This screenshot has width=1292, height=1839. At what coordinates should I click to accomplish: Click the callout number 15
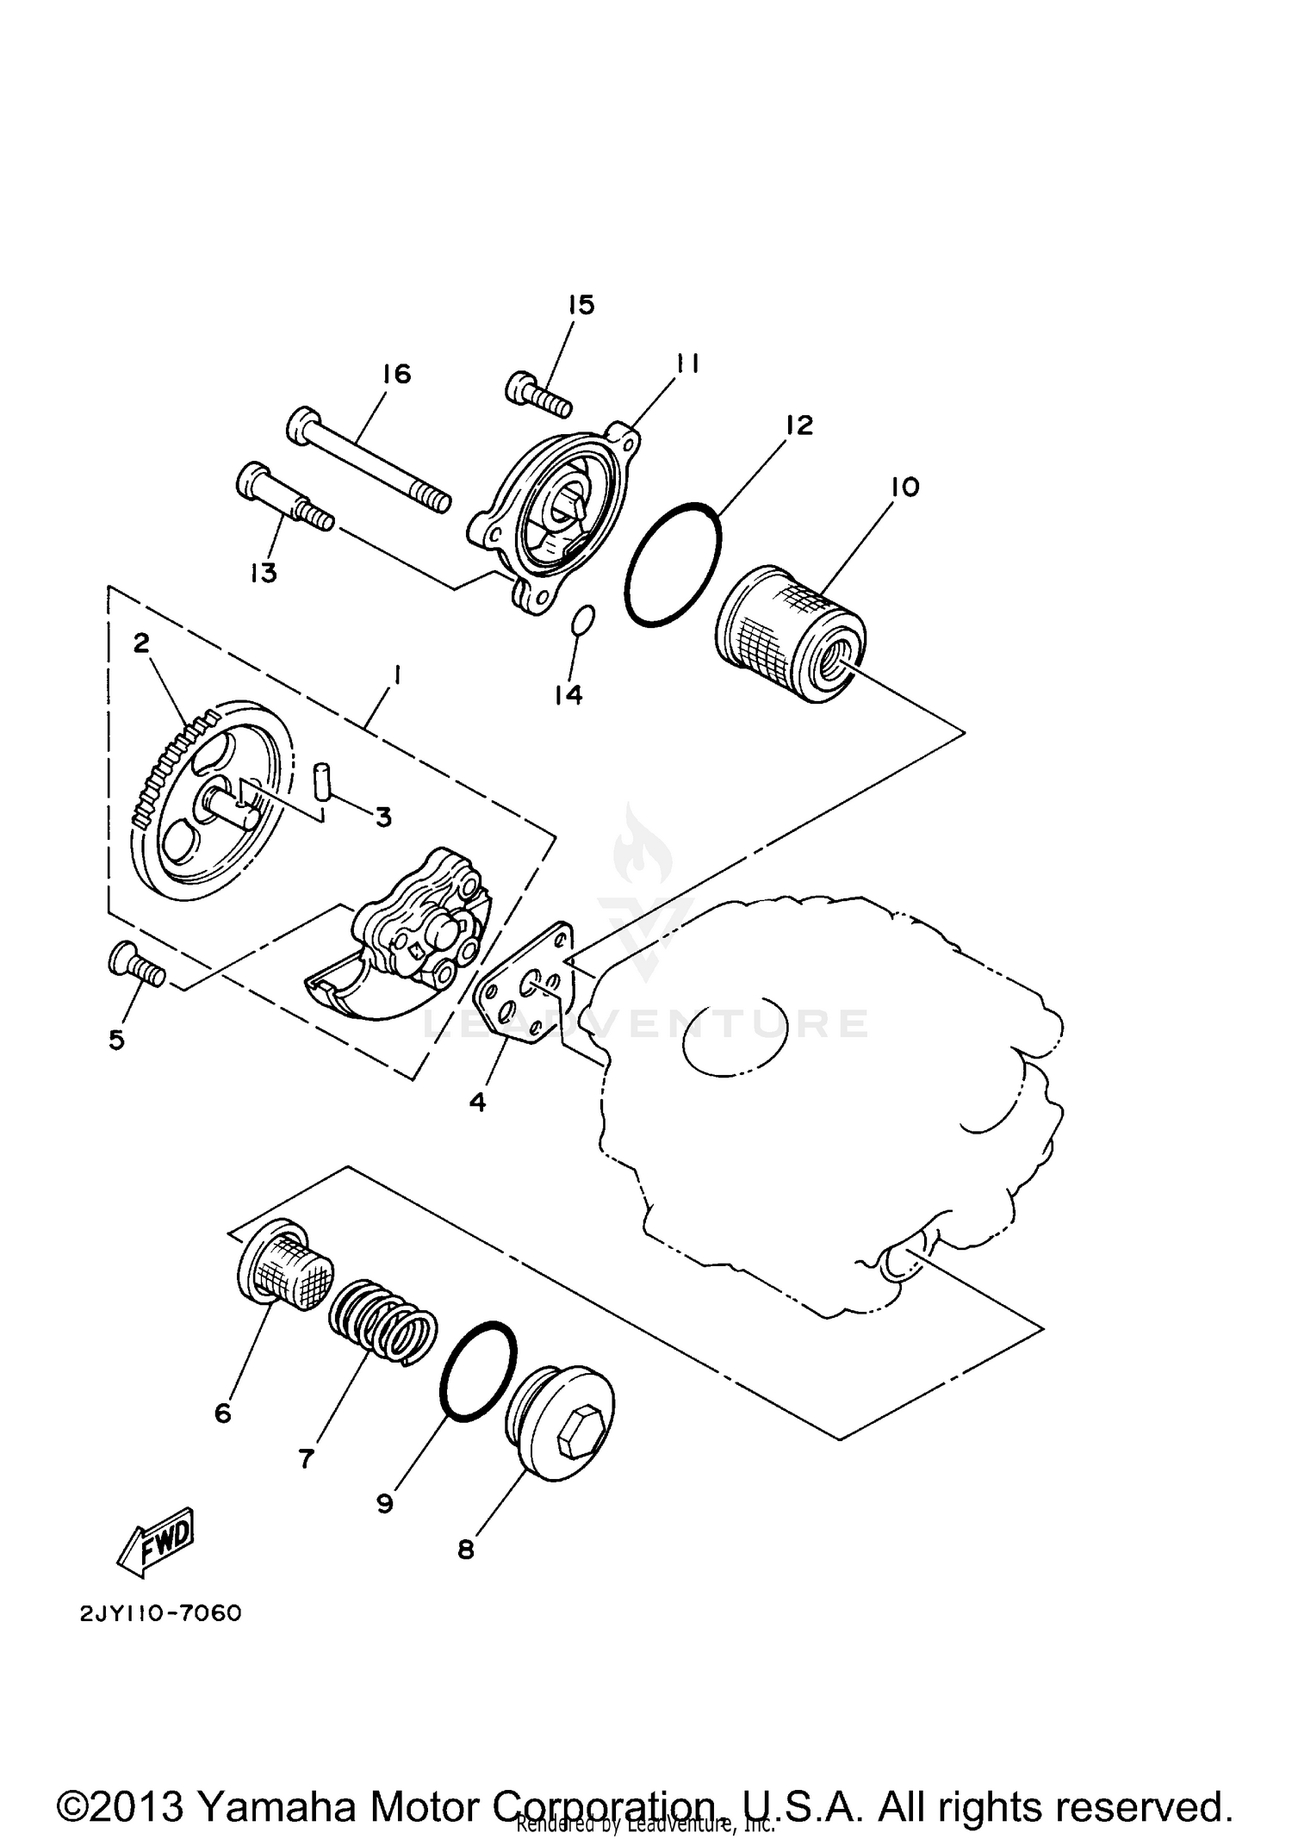(581, 305)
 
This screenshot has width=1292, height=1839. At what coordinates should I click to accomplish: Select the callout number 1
(396, 677)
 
